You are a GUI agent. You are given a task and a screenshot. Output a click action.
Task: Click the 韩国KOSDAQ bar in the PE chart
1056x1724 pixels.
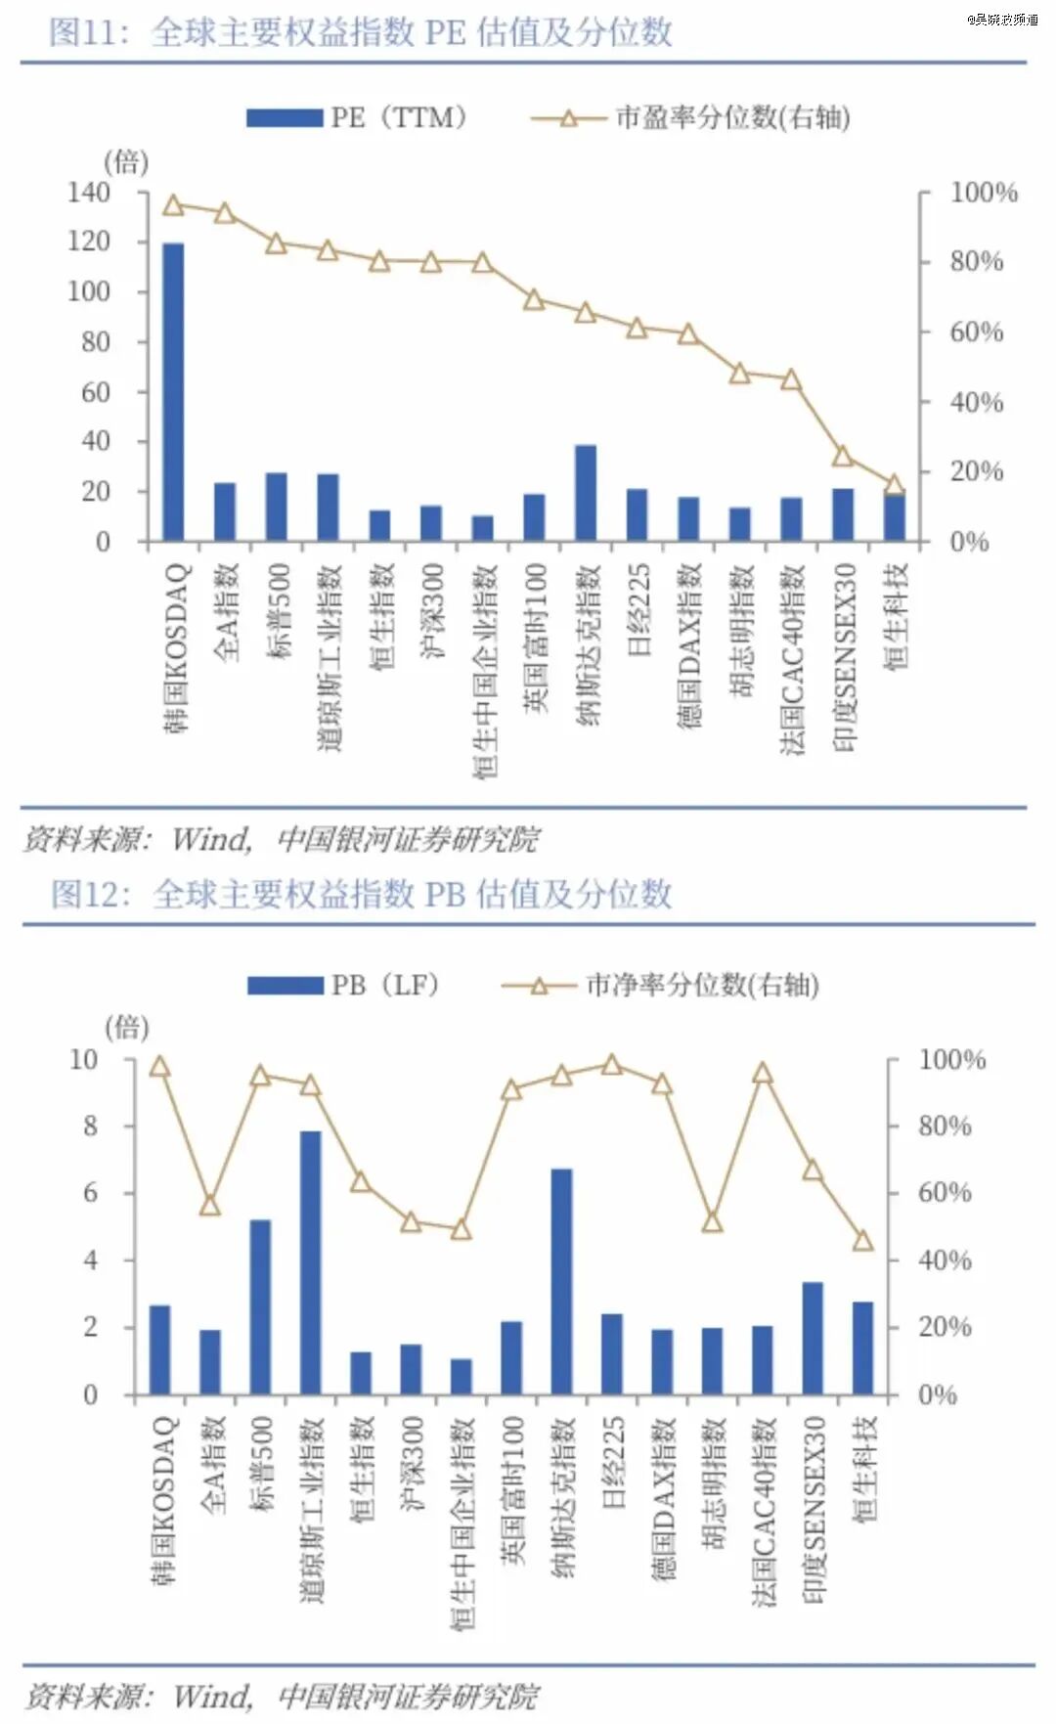(x=173, y=391)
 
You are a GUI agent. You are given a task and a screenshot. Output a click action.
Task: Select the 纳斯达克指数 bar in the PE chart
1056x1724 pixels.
(x=586, y=494)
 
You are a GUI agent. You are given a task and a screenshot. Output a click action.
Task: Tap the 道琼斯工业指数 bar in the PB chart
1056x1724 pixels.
(x=310, y=1261)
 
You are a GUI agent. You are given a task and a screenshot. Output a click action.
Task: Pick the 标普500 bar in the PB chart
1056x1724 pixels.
(x=260, y=1306)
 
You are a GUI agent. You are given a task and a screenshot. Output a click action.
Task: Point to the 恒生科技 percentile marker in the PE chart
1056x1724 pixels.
(x=893, y=485)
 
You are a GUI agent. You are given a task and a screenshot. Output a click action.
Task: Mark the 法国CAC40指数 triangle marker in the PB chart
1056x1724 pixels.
(x=763, y=1074)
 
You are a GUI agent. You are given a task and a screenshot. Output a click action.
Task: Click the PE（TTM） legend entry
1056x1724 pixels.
(x=357, y=118)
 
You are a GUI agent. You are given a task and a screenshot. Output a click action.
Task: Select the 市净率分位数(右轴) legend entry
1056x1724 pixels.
(x=661, y=986)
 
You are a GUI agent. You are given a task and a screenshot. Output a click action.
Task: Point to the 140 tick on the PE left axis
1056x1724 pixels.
(x=89, y=193)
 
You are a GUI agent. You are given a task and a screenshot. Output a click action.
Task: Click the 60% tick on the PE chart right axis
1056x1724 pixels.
(x=976, y=332)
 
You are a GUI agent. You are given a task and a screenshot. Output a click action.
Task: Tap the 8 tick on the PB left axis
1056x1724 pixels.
(x=91, y=1126)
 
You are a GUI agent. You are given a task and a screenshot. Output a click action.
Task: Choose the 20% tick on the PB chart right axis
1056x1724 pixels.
(x=944, y=1327)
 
